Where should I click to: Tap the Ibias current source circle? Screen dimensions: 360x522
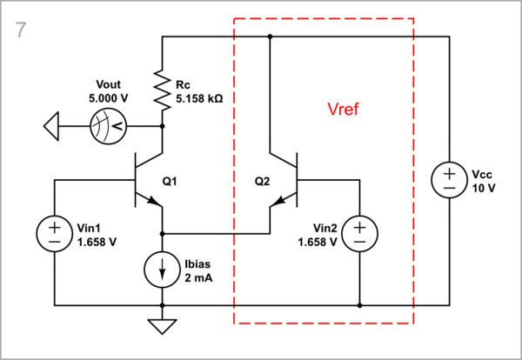163,269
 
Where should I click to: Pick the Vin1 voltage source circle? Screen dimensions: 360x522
54,232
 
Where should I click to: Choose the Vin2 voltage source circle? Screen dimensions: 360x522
359,232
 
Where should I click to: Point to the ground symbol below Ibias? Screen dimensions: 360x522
163,327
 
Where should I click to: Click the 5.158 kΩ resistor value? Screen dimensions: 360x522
199,99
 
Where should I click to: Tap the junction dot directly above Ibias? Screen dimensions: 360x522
163,234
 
